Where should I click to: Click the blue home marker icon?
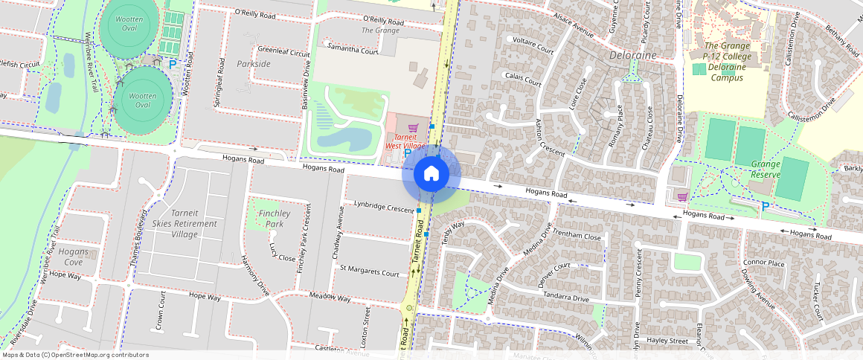(431, 174)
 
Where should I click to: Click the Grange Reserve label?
(771, 168)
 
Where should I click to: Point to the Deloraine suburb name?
(633, 55)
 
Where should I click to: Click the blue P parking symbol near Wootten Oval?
(173, 65)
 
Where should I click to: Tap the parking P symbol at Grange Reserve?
(764, 206)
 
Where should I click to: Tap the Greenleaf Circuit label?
(283, 53)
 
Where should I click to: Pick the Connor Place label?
(764, 263)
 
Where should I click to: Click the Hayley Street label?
(667, 341)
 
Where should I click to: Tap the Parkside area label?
(254, 64)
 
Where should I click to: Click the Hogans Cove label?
(73, 257)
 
